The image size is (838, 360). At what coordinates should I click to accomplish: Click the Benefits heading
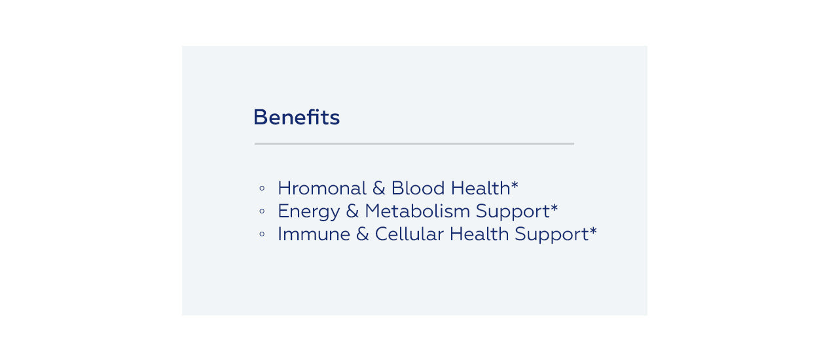click(x=297, y=117)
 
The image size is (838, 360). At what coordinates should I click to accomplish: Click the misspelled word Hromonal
click(x=322, y=188)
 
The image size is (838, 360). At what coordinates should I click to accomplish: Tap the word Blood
click(x=418, y=188)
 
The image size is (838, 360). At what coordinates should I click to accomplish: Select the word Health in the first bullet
click(x=481, y=188)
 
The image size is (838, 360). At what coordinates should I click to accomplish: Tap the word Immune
click(x=314, y=234)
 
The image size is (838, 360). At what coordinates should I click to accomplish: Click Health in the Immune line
click(x=479, y=234)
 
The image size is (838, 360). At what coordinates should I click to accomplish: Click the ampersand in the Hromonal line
click(x=379, y=188)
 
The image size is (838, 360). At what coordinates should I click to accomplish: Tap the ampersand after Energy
click(x=352, y=211)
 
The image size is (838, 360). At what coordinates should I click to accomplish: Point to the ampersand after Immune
click(x=363, y=234)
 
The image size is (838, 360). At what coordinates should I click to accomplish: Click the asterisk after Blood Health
click(x=515, y=185)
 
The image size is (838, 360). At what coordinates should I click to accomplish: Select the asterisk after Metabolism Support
click(x=555, y=207)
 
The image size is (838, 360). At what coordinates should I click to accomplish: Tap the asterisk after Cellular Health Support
click(x=593, y=231)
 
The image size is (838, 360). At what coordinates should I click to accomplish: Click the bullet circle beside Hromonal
click(x=262, y=189)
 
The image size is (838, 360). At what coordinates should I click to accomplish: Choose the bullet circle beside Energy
click(x=262, y=211)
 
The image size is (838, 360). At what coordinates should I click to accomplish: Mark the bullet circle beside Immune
click(x=262, y=234)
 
